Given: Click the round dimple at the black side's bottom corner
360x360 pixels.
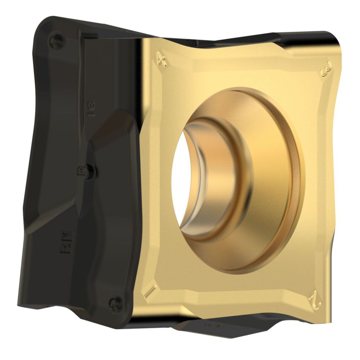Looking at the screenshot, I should [x=115, y=303].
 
